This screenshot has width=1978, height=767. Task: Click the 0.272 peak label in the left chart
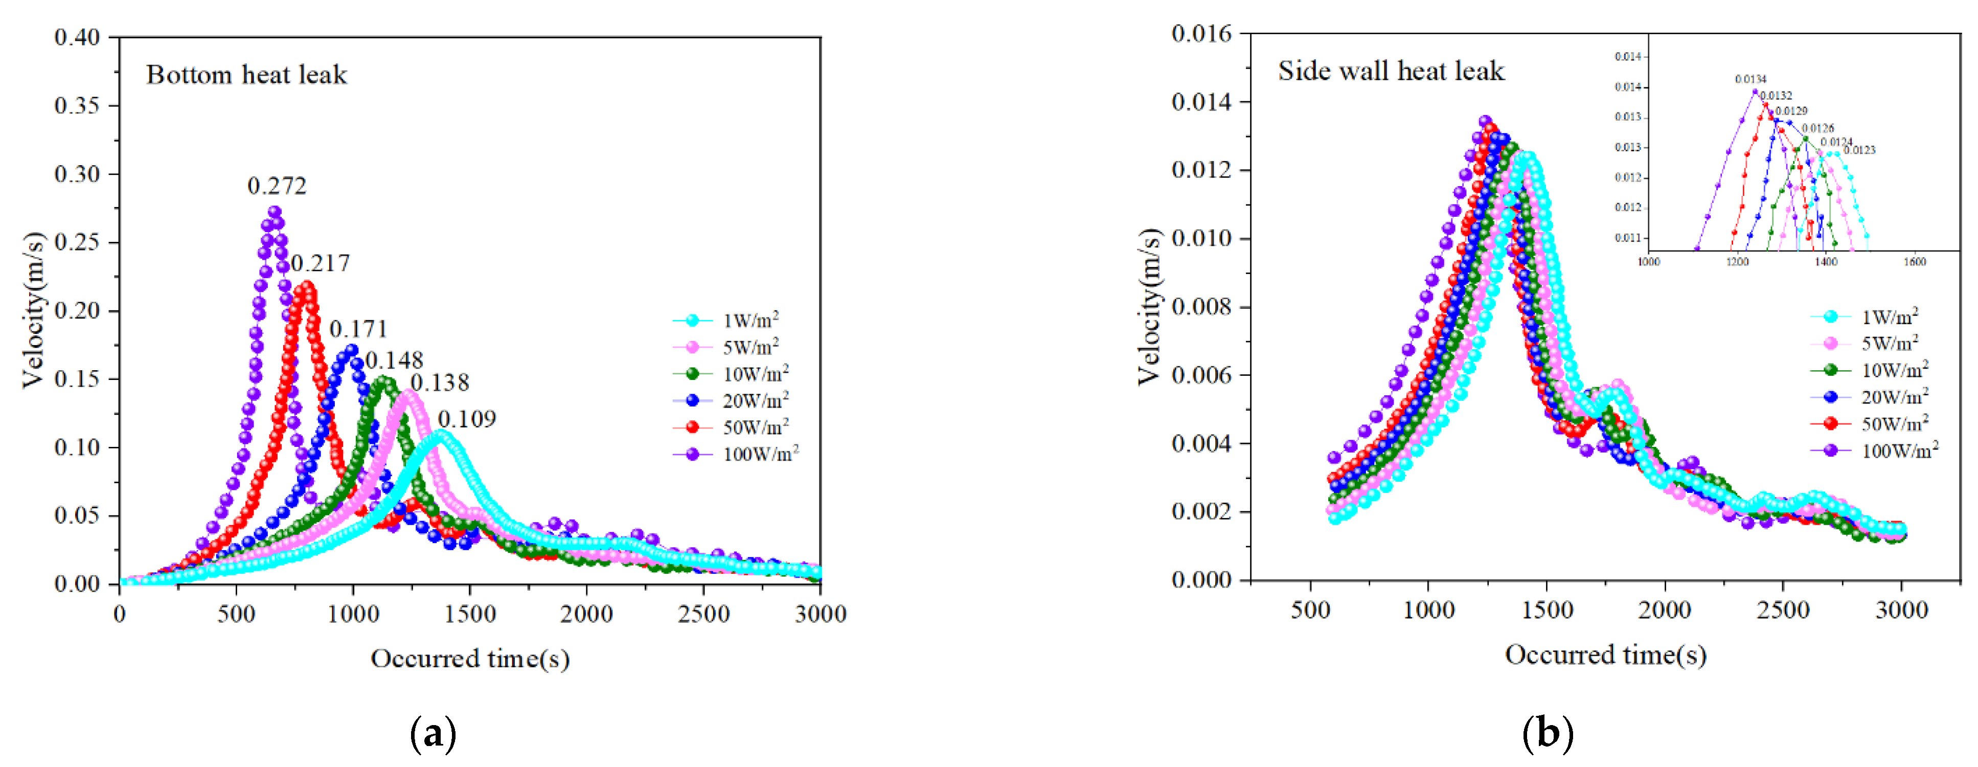[277, 186]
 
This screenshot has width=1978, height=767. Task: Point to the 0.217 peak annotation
[320, 263]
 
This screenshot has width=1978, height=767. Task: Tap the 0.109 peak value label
[467, 419]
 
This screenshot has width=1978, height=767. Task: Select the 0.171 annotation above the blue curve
[358, 329]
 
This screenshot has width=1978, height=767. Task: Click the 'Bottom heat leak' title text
[246, 75]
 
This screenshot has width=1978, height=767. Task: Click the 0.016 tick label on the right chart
[1201, 34]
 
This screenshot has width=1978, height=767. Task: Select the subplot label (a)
[434, 734]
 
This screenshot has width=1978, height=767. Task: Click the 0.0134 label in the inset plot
[1750, 79]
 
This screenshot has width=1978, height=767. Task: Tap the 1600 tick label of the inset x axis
[1914, 262]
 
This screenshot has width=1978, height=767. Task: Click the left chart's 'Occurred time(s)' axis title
[470, 659]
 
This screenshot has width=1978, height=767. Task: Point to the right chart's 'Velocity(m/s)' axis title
[1149, 306]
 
